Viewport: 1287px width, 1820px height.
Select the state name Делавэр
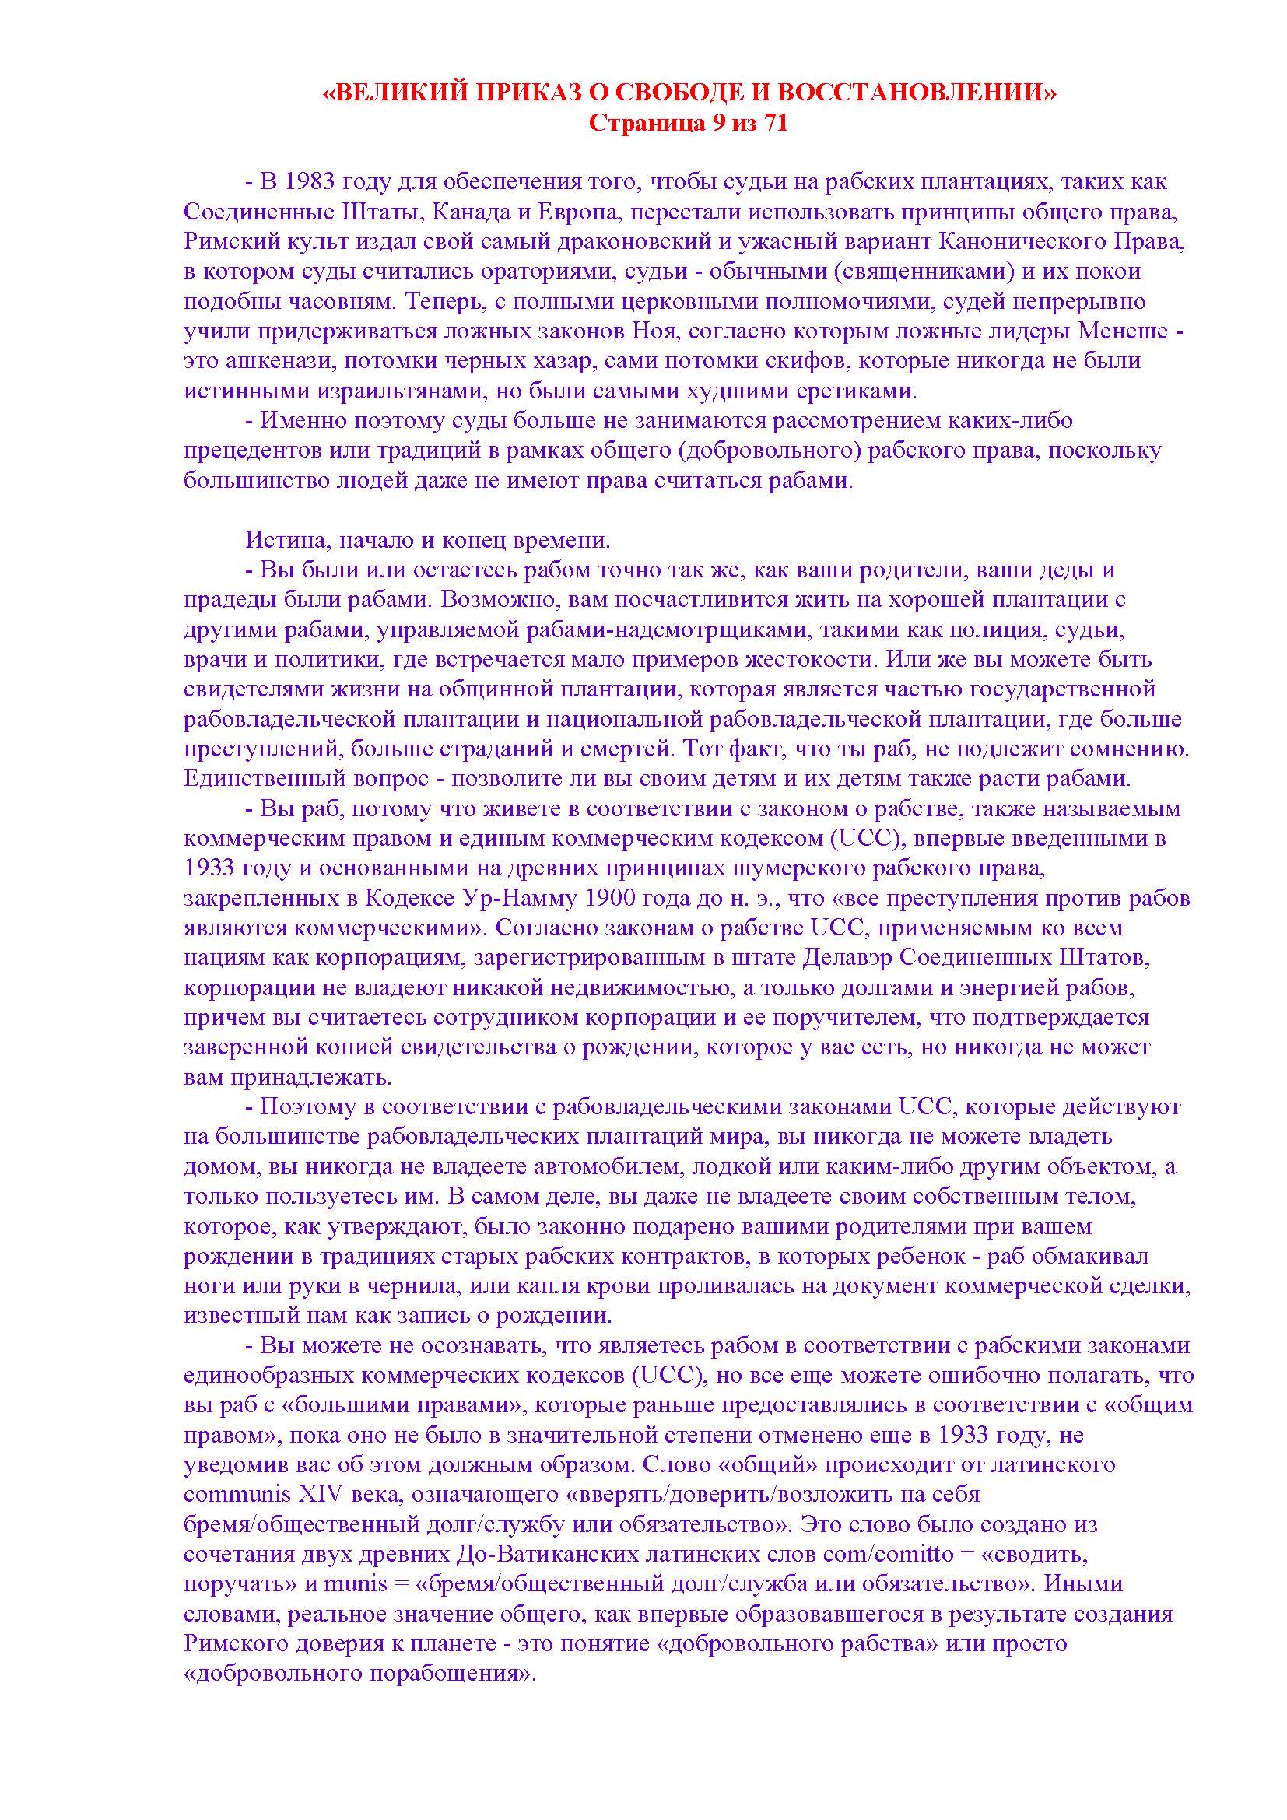pos(856,958)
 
